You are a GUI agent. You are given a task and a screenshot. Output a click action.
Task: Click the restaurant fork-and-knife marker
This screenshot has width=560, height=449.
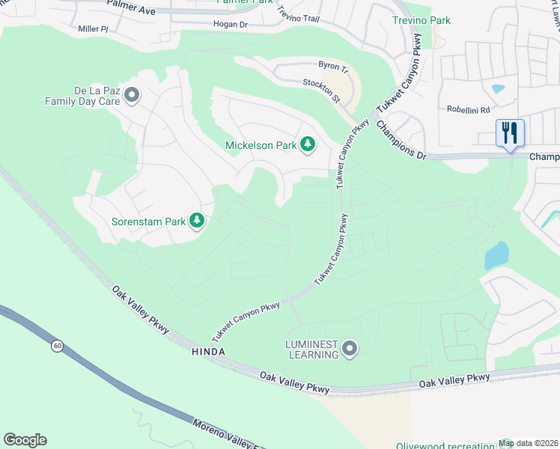pos(510,133)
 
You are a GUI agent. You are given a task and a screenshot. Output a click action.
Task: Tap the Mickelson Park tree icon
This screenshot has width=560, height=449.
pos(308,144)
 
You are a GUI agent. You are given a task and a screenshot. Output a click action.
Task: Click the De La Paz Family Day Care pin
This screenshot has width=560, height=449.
pos(133,95)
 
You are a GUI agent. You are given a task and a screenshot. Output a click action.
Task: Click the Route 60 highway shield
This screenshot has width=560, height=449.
pos(58,346)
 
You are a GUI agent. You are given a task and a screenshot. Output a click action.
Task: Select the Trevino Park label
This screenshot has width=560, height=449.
pos(422,20)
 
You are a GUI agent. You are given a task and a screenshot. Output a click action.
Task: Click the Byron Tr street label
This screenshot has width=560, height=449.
pos(333,67)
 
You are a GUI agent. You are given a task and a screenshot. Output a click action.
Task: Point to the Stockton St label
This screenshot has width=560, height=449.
pos(322,90)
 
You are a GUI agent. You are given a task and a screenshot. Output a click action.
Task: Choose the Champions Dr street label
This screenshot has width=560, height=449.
pos(401,140)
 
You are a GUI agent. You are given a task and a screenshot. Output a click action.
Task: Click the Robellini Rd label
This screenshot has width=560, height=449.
pos(468,108)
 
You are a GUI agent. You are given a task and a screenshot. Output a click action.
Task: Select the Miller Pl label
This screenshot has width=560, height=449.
pos(94,29)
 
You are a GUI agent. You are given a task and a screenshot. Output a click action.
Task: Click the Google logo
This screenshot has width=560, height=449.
pos(25,440)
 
